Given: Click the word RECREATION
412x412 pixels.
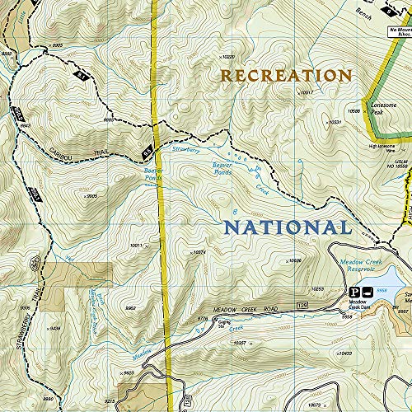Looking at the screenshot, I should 285,76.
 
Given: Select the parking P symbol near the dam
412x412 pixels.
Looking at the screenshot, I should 356,292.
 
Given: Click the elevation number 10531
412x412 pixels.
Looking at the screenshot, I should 335,123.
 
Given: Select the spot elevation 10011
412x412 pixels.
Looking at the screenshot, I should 138,246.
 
